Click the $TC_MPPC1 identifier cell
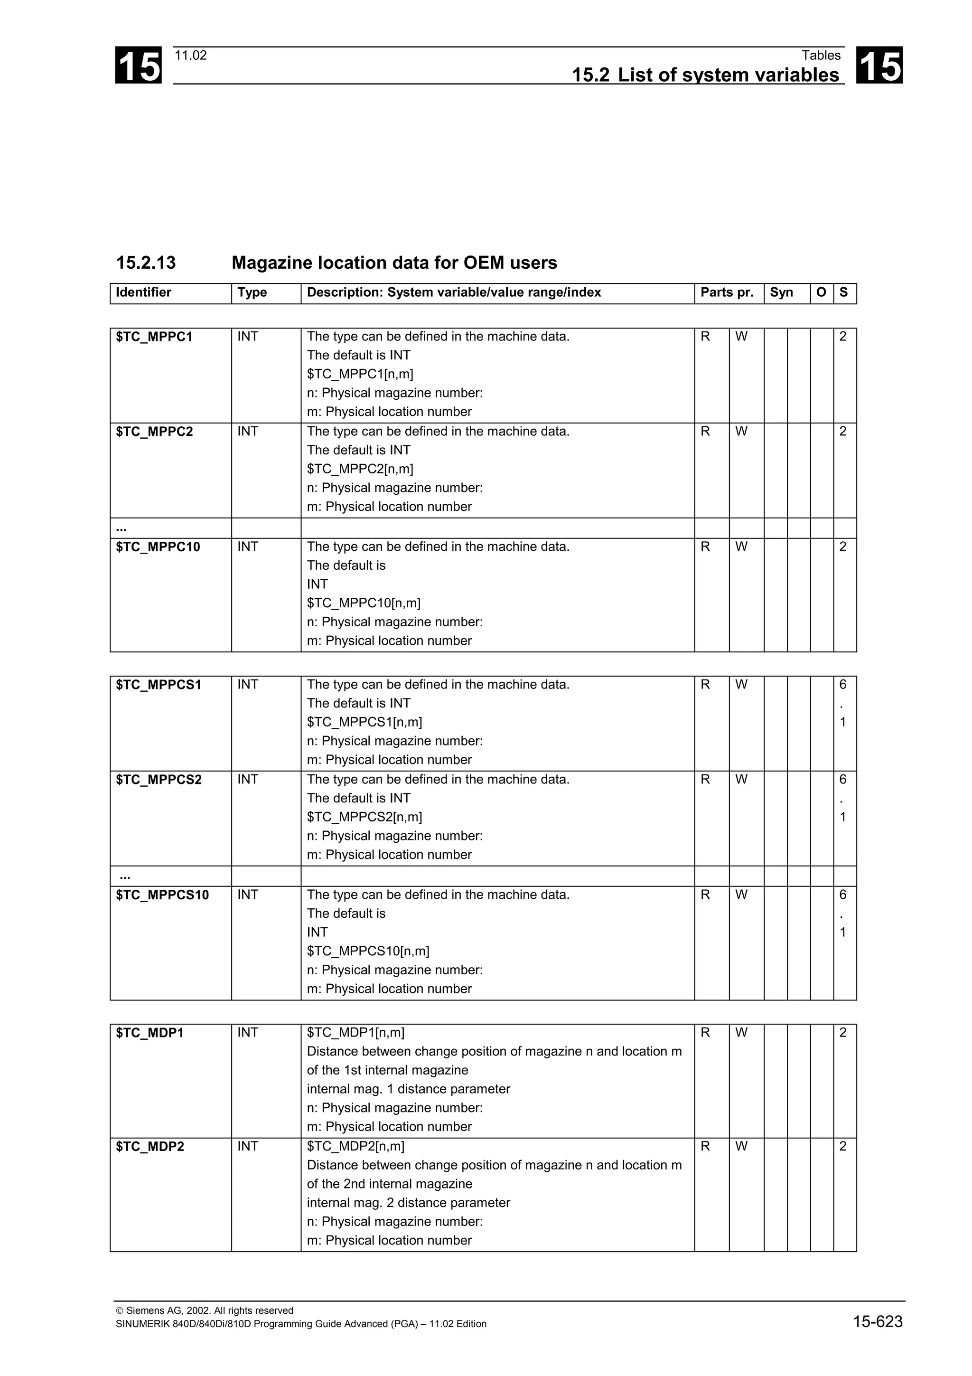coord(155,337)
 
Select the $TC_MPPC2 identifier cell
coord(155,432)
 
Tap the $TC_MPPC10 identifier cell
coord(158,547)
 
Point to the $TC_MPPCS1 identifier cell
coord(159,684)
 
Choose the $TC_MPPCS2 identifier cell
coord(159,779)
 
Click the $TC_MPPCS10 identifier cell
coord(162,895)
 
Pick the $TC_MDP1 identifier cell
coord(150,1033)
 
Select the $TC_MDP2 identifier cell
coord(150,1147)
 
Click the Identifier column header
coord(144,292)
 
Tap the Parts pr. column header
coord(727,292)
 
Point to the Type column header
coord(252,292)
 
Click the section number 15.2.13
coord(146,263)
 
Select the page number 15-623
coord(878,1321)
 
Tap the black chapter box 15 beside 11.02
coord(138,66)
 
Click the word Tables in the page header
coord(821,55)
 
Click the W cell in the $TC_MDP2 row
coord(741,1147)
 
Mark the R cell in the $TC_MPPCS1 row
coord(705,684)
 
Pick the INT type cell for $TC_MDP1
coord(248,1033)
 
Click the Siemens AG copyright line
coord(204,1310)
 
